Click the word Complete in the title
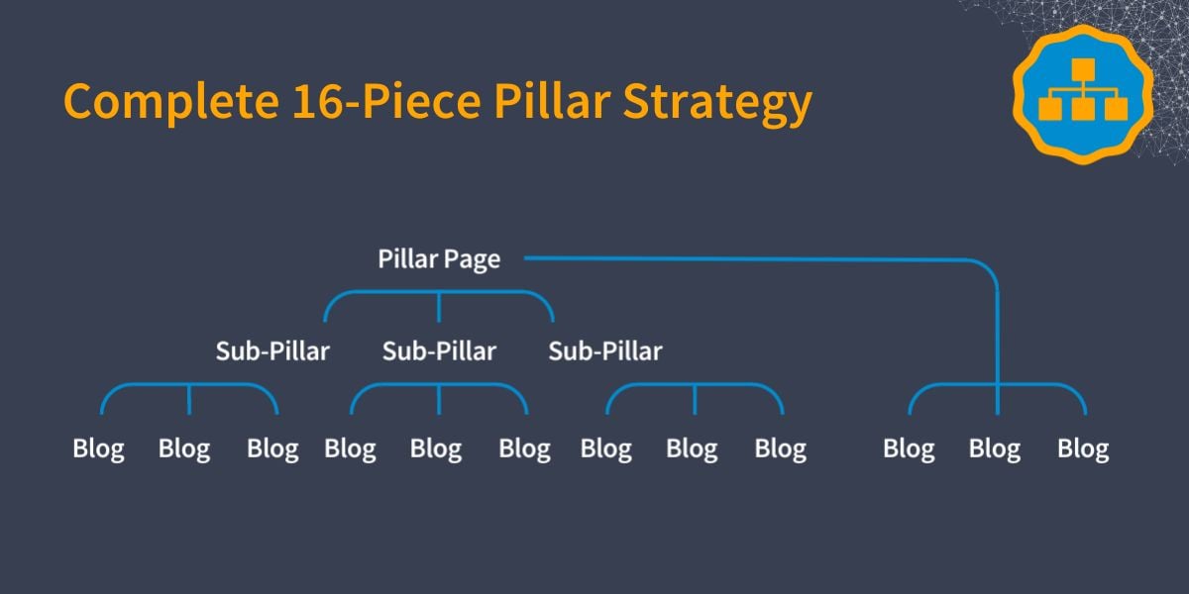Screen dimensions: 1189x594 [x=170, y=102]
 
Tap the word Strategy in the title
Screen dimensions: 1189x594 [x=717, y=103]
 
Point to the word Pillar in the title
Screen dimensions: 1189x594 [x=552, y=100]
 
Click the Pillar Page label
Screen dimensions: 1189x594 [x=439, y=259]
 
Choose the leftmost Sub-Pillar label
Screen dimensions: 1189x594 [x=272, y=351]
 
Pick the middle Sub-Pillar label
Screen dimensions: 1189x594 [x=439, y=351]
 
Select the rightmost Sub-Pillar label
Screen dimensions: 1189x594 [x=605, y=351]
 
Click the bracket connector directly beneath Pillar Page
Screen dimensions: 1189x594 [x=439, y=292]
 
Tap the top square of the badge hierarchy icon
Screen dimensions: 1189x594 [x=1083, y=69]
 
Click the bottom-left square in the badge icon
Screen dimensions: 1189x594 [x=1050, y=109]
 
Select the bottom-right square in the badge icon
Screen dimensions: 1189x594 [x=1117, y=109]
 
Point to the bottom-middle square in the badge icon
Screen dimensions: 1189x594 [x=1083, y=109]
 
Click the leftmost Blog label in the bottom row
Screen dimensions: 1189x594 [x=99, y=449]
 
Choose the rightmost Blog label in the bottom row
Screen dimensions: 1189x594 [x=1083, y=449]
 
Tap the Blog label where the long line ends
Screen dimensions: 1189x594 [x=994, y=449]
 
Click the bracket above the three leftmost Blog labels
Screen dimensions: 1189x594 [x=189, y=384]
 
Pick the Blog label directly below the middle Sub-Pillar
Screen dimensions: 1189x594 [x=436, y=449]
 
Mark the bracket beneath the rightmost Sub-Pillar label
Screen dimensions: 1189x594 [x=695, y=384]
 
